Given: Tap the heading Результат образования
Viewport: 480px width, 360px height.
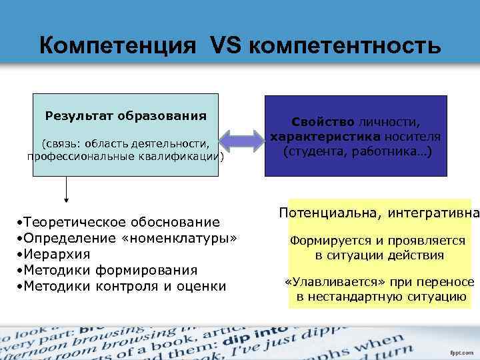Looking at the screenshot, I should pos(125,115).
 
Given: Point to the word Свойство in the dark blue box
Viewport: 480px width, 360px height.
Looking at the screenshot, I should pos(323,123).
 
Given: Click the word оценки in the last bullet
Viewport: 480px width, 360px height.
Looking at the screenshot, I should pos(203,286).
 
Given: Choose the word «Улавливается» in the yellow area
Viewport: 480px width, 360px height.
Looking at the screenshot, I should pos(327,283).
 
